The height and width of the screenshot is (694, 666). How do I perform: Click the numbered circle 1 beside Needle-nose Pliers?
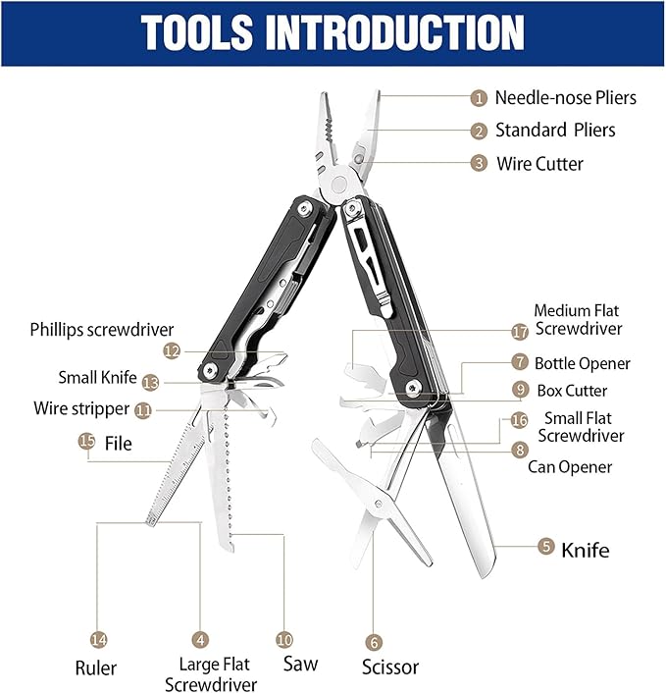point(479,97)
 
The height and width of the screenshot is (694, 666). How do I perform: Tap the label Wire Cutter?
point(539,163)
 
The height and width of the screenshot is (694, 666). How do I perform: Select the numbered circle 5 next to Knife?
point(546,548)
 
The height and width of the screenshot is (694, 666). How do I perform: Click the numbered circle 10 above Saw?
point(284,638)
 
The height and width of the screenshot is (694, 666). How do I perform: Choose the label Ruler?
point(96,668)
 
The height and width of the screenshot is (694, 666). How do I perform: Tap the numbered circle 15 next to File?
point(87,443)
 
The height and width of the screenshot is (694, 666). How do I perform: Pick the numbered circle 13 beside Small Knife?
point(150,382)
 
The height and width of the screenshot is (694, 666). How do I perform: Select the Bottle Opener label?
point(582,363)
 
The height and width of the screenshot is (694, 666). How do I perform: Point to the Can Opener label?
point(570,467)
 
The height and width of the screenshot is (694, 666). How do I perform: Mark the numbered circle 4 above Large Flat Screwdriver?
point(200,638)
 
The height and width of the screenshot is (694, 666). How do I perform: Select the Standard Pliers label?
point(555,130)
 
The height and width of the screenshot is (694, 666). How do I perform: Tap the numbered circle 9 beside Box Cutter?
point(520,390)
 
